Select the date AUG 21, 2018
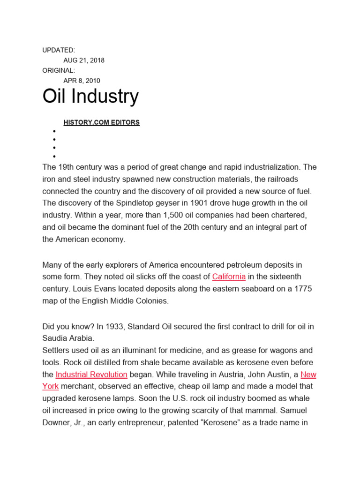(84, 60)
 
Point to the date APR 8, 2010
(82, 81)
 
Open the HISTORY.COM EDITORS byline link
(101, 122)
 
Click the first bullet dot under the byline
(54, 131)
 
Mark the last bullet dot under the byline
(54, 156)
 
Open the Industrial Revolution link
(91, 375)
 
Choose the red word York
(51, 387)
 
